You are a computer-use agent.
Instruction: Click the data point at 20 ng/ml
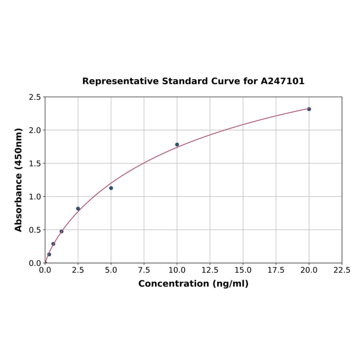coord(309,109)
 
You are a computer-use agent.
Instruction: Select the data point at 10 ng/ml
coord(177,145)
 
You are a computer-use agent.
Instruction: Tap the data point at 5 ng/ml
coord(111,188)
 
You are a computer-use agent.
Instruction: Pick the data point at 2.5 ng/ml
coord(78,209)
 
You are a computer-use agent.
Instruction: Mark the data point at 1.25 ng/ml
coord(62,231)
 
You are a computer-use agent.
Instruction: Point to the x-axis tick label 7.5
coord(144,270)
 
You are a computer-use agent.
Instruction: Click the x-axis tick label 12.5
coord(210,270)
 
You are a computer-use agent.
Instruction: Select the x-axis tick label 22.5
coord(342,270)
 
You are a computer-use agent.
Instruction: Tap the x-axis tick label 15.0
coord(243,270)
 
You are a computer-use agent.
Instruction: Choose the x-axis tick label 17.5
coord(276,270)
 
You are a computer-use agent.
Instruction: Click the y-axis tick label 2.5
coord(35,97)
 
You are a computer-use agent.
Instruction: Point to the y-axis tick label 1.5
coord(35,164)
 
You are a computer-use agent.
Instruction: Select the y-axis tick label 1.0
coord(35,196)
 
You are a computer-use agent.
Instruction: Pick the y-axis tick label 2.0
coord(35,130)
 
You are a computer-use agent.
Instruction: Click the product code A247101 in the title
coord(283,81)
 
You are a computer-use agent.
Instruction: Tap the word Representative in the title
coord(121,81)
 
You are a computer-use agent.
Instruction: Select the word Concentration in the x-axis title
coord(173,284)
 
